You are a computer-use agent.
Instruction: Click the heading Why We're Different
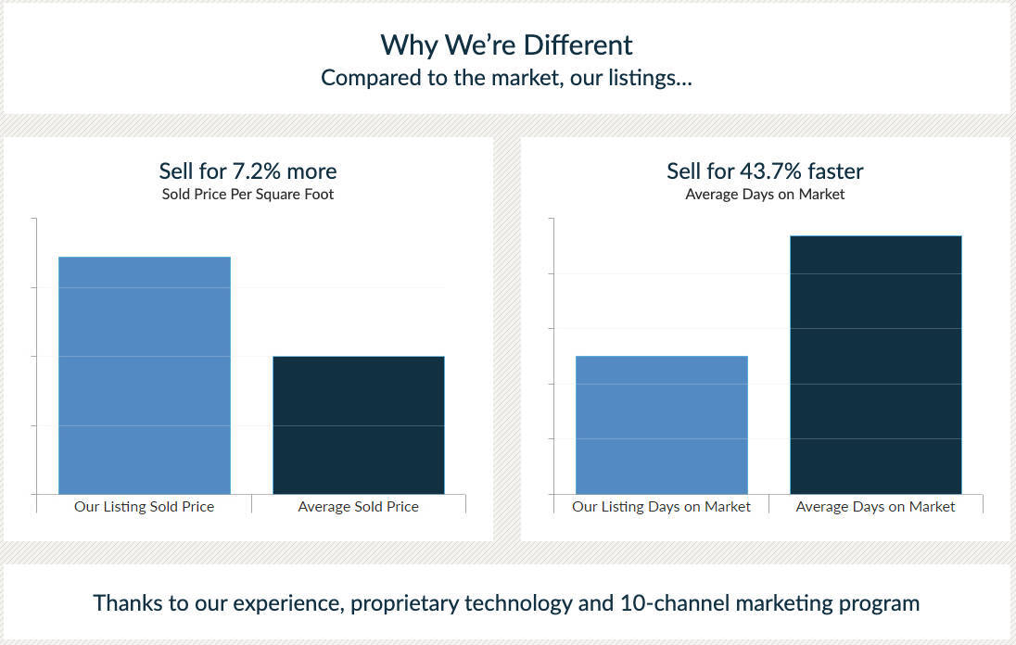(x=506, y=44)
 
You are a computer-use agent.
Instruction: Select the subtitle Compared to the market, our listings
(x=506, y=78)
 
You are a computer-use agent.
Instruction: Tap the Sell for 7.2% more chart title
(x=248, y=171)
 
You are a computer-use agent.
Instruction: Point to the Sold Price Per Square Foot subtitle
(x=248, y=195)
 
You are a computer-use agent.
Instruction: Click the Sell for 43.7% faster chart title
(x=765, y=171)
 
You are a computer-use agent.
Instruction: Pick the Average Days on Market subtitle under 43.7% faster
(x=765, y=195)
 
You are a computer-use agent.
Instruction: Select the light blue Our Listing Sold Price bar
(x=145, y=375)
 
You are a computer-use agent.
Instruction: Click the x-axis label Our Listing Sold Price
(x=144, y=507)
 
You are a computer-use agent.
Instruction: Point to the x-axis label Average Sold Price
(x=358, y=507)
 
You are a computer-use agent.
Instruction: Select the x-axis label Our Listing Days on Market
(x=661, y=507)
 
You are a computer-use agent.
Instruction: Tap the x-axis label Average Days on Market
(x=875, y=507)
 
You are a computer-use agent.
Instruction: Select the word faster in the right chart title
(x=833, y=171)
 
